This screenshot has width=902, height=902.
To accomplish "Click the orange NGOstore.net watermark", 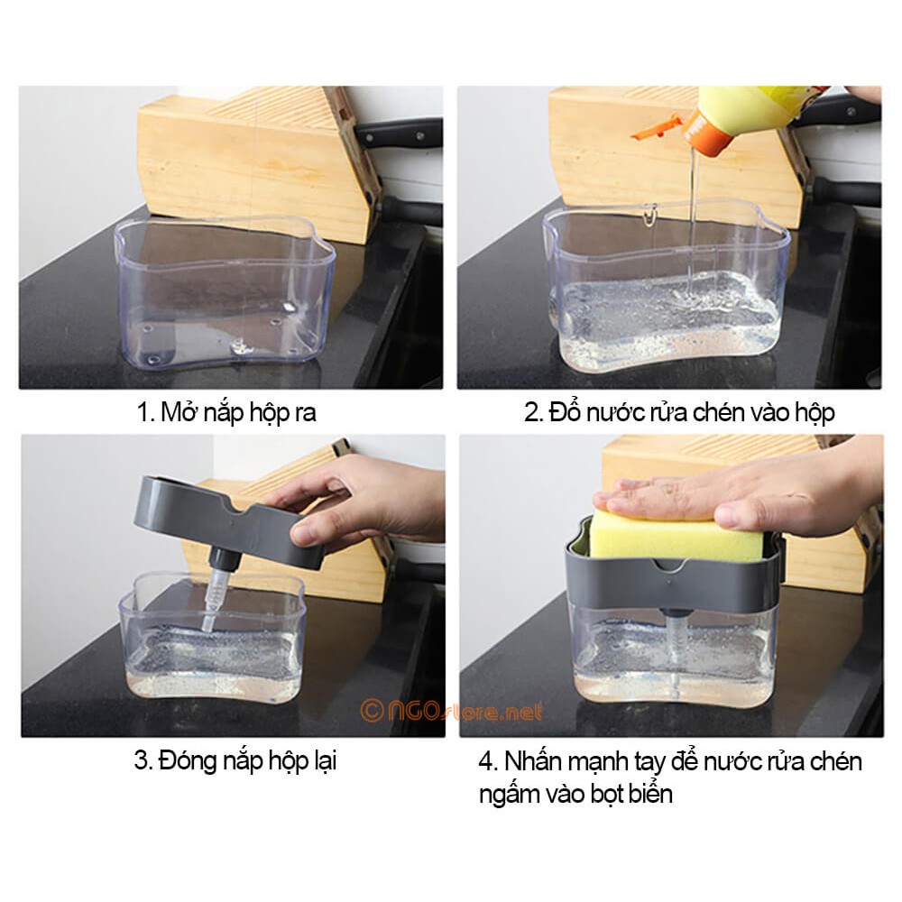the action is (451, 711).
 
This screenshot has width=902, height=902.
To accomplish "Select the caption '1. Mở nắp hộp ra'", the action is (226, 412).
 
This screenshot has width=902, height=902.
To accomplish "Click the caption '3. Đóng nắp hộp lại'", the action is (235, 760).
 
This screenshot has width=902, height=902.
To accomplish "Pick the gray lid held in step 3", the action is (229, 521).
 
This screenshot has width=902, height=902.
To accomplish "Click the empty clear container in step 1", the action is (225, 292).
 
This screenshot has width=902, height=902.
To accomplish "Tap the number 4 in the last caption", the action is (486, 761).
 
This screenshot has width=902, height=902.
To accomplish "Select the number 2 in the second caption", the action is (531, 413).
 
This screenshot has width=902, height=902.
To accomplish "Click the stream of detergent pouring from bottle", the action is (693, 218).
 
